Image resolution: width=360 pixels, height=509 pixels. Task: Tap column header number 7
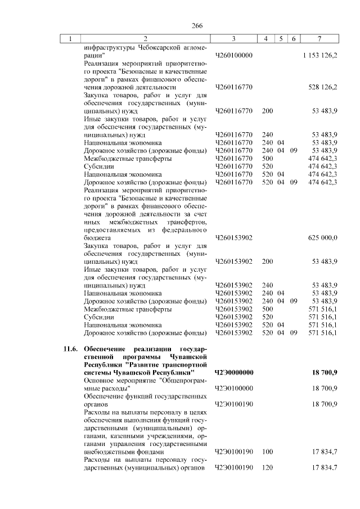pos(319,38)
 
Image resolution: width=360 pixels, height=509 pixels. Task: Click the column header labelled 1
pos(70,38)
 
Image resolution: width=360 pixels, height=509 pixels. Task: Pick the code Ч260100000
pos(234,56)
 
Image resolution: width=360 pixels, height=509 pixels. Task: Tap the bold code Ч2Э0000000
pos(235,372)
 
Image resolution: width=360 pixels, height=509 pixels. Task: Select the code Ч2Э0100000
pos(234,388)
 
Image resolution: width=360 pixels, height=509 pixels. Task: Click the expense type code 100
pos(267,452)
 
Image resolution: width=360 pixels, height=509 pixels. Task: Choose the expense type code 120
pos(267,467)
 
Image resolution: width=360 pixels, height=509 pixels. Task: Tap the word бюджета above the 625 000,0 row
pos(96,238)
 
